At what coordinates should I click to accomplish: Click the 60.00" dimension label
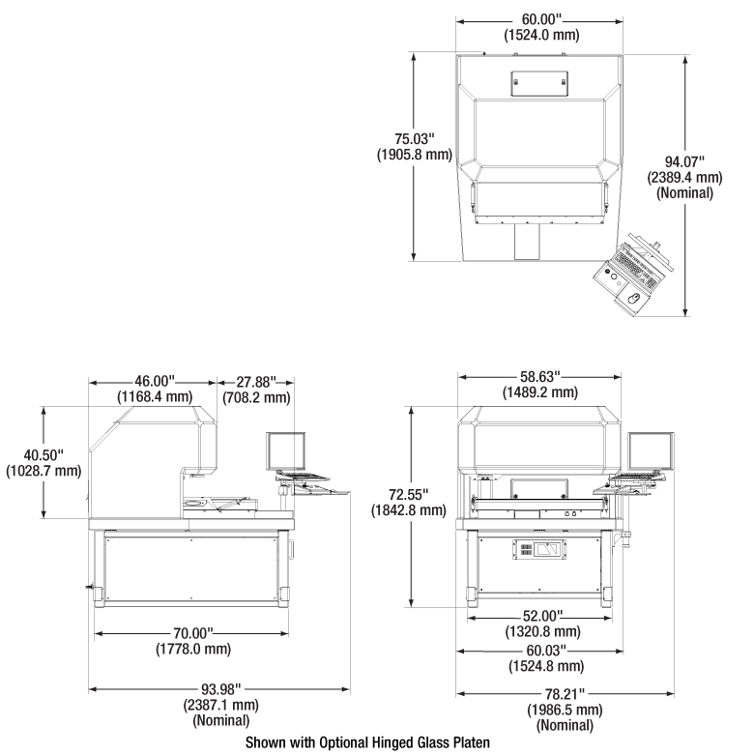pyautogui.click(x=542, y=19)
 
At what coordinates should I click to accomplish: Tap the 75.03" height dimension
pyautogui.click(x=415, y=139)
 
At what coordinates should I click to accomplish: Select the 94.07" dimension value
pyautogui.click(x=684, y=161)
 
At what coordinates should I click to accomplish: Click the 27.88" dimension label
pyautogui.click(x=256, y=382)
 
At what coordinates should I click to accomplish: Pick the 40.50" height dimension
pyautogui.click(x=43, y=454)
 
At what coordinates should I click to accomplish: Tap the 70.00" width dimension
pyautogui.click(x=193, y=633)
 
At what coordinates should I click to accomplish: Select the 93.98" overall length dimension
pyautogui.click(x=220, y=689)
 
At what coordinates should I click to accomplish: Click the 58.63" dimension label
pyautogui.click(x=540, y=376)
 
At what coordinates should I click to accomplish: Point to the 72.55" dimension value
pyautogui.click(x=408, y=494)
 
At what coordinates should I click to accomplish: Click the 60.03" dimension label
pyautogui.click(x=546, y=651)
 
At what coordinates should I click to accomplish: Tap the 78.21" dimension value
pyautogui.click(x=565, y=694)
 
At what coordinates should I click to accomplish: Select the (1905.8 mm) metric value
pyautogui.click(x=415, y=155)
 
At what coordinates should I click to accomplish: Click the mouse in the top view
pyautogui.click(x=634, y=298)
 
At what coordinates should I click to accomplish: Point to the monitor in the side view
pyautogui.click(x=285, y=451)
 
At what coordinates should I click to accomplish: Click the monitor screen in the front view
pyautogui.click(x=651, y=451)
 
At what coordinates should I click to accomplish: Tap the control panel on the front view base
pyautogui.click(x=539, y=549)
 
